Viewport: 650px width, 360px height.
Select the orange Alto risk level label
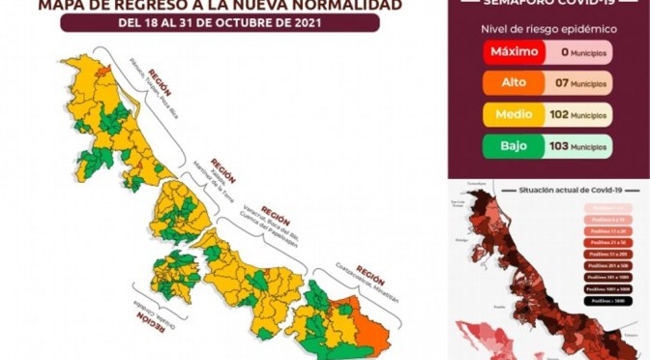(x=510, y=84)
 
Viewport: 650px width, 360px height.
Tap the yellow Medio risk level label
(x=510, y=115)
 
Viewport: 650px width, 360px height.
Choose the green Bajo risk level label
(x=510, y=146)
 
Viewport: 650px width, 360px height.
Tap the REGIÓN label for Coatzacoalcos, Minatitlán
(x=370, y=273)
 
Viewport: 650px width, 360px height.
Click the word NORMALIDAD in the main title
(x=319, y=6)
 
